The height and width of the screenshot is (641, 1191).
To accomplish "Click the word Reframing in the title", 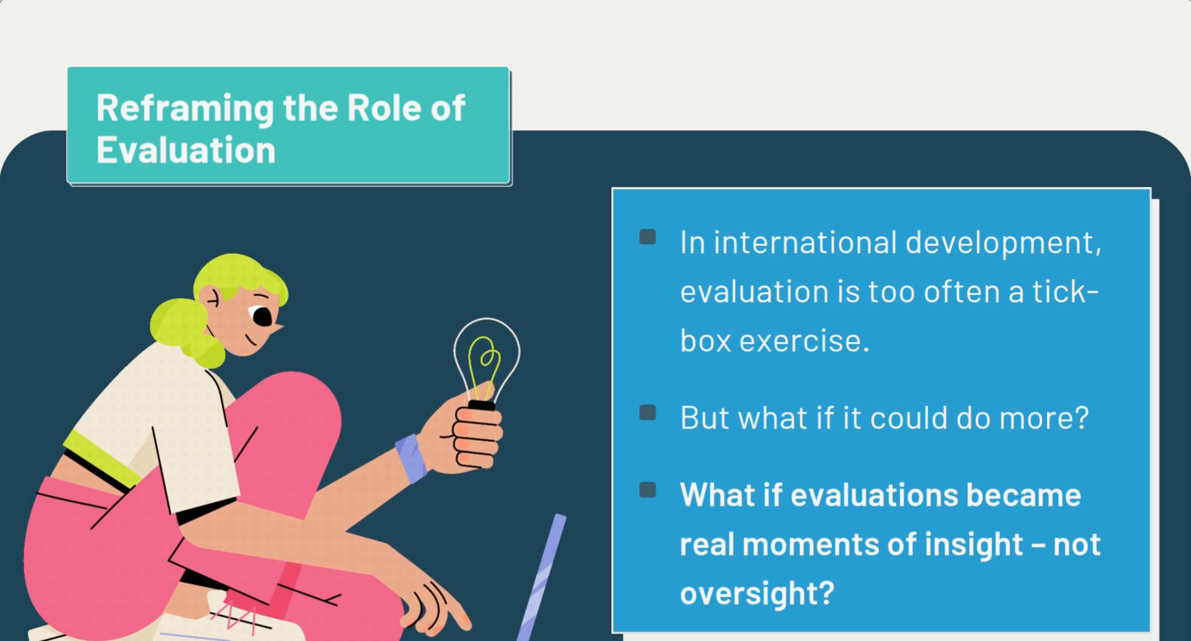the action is (x=185, y=109).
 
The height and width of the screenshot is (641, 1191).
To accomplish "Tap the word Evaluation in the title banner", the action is (x=186, y=150).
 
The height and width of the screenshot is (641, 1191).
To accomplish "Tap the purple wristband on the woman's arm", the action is (x=411, y=458).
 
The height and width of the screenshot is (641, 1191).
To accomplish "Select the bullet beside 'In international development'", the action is (x=648, y=236).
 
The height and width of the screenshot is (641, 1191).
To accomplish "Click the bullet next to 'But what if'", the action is (x=648, y=413).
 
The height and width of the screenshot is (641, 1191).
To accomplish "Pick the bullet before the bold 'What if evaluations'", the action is (x=648, y=490).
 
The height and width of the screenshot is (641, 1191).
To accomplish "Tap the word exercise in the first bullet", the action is (x=804, y=341).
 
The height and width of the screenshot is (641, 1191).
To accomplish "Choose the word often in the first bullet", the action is (x=970, y=291).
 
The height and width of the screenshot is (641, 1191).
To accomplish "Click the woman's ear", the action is (x=212, y=299).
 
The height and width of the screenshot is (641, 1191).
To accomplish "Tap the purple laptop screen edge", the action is (x=541, y=577).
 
